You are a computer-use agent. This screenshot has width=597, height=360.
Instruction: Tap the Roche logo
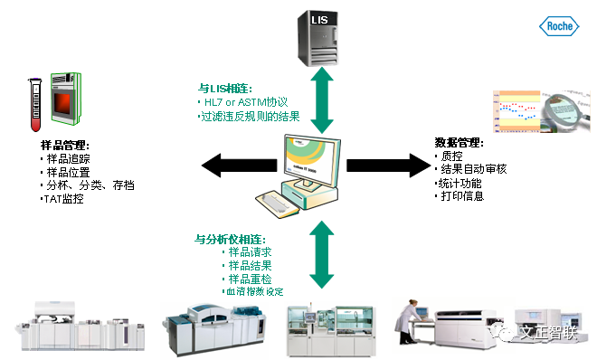point(559,27)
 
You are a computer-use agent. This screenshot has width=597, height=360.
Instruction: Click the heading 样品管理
point(66,146)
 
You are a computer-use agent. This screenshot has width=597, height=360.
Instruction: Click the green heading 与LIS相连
point(225,89)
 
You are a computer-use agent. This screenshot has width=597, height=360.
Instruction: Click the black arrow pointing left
point(234,166)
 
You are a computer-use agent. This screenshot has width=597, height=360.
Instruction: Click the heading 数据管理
point(460,143)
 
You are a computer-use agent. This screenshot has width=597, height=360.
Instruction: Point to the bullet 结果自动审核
point(471,169)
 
